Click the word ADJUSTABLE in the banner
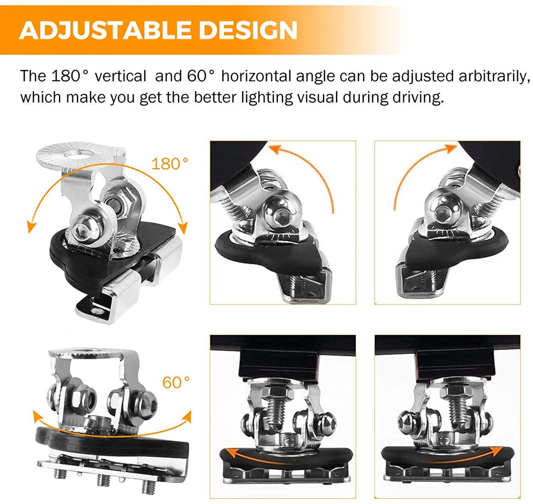pos(104,30)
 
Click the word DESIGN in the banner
pos(247,30)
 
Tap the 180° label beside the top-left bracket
pos(169,164)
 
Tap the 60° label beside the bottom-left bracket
pos(176,382)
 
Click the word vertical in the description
pos(120,76)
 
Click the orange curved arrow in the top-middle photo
pos(307,169)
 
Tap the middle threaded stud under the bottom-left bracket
pos(104,480)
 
